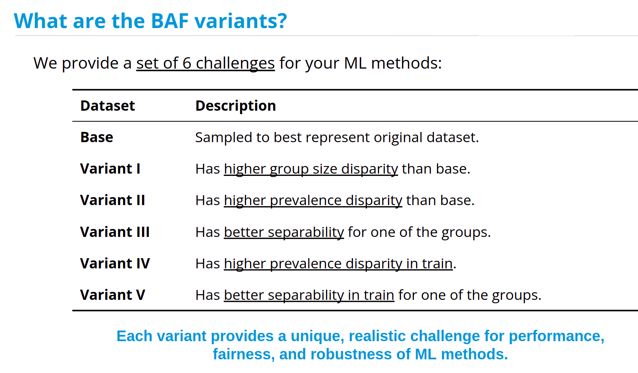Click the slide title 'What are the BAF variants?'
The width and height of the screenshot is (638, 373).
click(150, 21)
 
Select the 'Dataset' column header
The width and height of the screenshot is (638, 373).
click(108, 106)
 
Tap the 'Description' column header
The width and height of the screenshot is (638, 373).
click(236, 106)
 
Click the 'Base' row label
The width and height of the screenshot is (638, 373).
click(97, 137)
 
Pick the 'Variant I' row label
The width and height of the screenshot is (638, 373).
click(110, 169)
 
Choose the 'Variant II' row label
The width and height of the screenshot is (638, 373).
click(112, 200)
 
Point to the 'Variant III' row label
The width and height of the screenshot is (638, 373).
click(115, 232)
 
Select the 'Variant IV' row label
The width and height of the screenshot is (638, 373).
click(115, 263)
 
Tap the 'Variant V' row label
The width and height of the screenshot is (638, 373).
click(112, 295)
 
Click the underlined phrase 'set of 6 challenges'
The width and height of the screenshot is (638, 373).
click(205, 63)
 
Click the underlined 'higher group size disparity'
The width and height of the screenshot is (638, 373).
click(311, 169)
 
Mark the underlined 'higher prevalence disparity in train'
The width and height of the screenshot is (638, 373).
click(338, 263)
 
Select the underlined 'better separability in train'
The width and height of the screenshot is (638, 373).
click(309, 295)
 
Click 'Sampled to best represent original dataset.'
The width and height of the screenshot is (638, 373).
click(337, 138)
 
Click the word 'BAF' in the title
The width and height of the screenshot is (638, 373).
click(170, 21)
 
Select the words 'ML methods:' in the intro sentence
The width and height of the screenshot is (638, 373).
click(393, 63)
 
